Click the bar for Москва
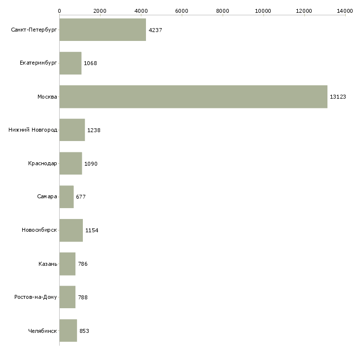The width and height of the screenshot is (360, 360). pyautogui.click(x=193, y=97)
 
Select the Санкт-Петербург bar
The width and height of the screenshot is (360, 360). pyautogui.click(x=103, y=30)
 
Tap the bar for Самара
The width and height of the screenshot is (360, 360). pyautogui.click(x=67, y=197)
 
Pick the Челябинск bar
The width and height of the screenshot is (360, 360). pyautogui.click(x=68, y=330)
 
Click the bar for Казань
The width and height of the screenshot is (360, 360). pyautogui.click(x=68, y=264)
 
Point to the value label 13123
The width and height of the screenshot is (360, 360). pyautogui.click(x=338, y=97)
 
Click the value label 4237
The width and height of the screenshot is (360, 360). pyautogui.click(x=155, y=30)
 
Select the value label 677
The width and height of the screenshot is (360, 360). pyautogui.click(x=81, y=197)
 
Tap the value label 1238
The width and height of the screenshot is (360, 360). pyautogui.click(x=94, y=130)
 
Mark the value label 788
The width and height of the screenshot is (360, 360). pyautogui.click(x=83, y=297)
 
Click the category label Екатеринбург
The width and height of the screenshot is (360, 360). pyautogui.click(x=38, y=63)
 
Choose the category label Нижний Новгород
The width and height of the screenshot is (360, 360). pyautogui.click(x=33, y=130)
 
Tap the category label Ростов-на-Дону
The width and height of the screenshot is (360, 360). pyautogui.click(x=36, y=297)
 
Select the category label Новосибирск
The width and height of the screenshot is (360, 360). pyautogui.click(x=39, y=230)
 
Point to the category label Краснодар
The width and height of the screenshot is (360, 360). pyautogui.click(x=42, y=163)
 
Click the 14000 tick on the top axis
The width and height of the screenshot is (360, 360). pyautogui.click(x=345, y=10)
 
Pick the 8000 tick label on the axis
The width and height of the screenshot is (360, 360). pyautogui.click(x=222, y=10)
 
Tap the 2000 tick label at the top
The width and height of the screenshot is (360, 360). pyautogui.click(x=100, y=10)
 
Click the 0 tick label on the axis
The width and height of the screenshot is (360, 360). pyautogui.click(x=59, y=10)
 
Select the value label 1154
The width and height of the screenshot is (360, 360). pyautogui.click(x=92, y=230)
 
